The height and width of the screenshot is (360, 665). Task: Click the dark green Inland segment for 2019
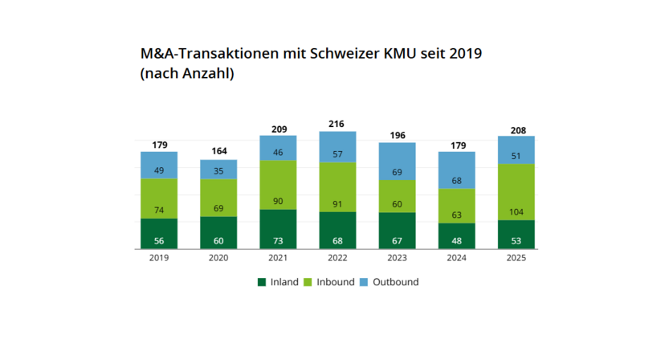click(x=159, y=234)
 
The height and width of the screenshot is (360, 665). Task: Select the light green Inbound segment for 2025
click(x=516, y=192)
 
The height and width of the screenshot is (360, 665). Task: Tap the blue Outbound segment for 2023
click(x=398, y=162)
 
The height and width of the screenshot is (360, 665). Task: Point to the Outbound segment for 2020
click(x=218, y=170)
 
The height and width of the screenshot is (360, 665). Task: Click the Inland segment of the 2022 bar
click(x=337, y=231)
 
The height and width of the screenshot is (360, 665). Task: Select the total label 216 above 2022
click(x=337, y=125)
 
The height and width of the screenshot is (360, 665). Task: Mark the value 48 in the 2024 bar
click(x=457, y=240)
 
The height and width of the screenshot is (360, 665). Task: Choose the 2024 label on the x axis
click(x=457, y=258)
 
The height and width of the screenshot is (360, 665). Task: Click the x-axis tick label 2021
click(x=278, y=258)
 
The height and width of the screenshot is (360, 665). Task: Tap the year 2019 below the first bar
click(x=159, y=258)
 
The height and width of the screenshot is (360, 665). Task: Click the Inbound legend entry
click(x=330, y=282)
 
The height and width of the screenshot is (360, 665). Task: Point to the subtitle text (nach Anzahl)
click(x=187, y=74)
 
